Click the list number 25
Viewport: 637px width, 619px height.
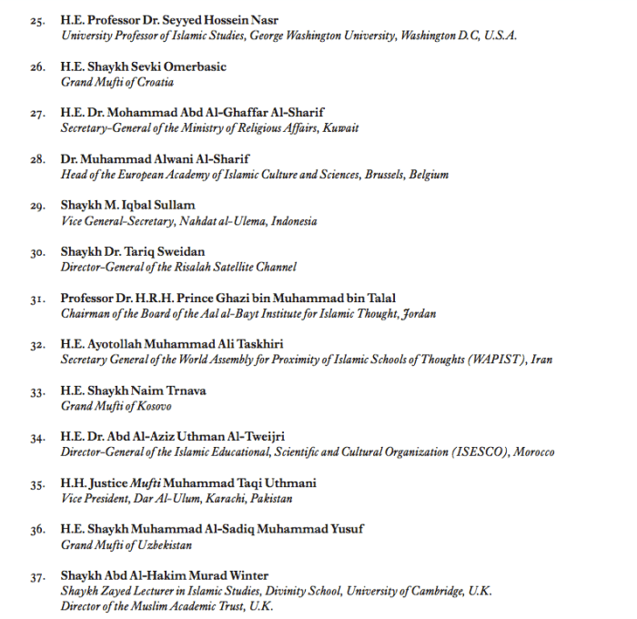coord(38,21)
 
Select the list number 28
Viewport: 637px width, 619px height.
coord(38,159)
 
